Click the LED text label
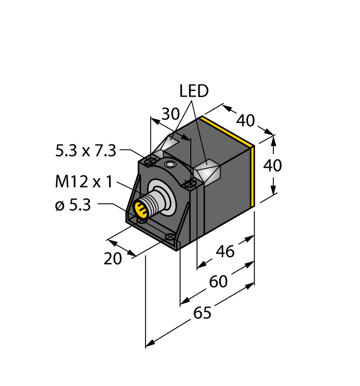coord(194,91)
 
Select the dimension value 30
coord(170,114)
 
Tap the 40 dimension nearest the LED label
coord(245,120)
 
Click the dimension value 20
coord(113,258)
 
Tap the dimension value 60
coord(218,282)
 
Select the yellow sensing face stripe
coord(253,174)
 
